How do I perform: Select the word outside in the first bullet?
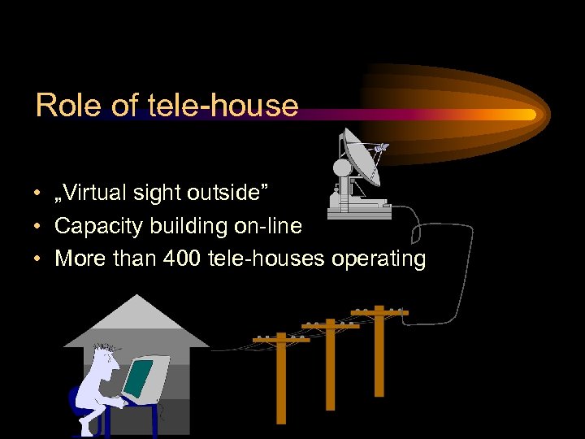click(x=232, y=193)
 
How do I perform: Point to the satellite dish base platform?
click(x=358, y=211)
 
